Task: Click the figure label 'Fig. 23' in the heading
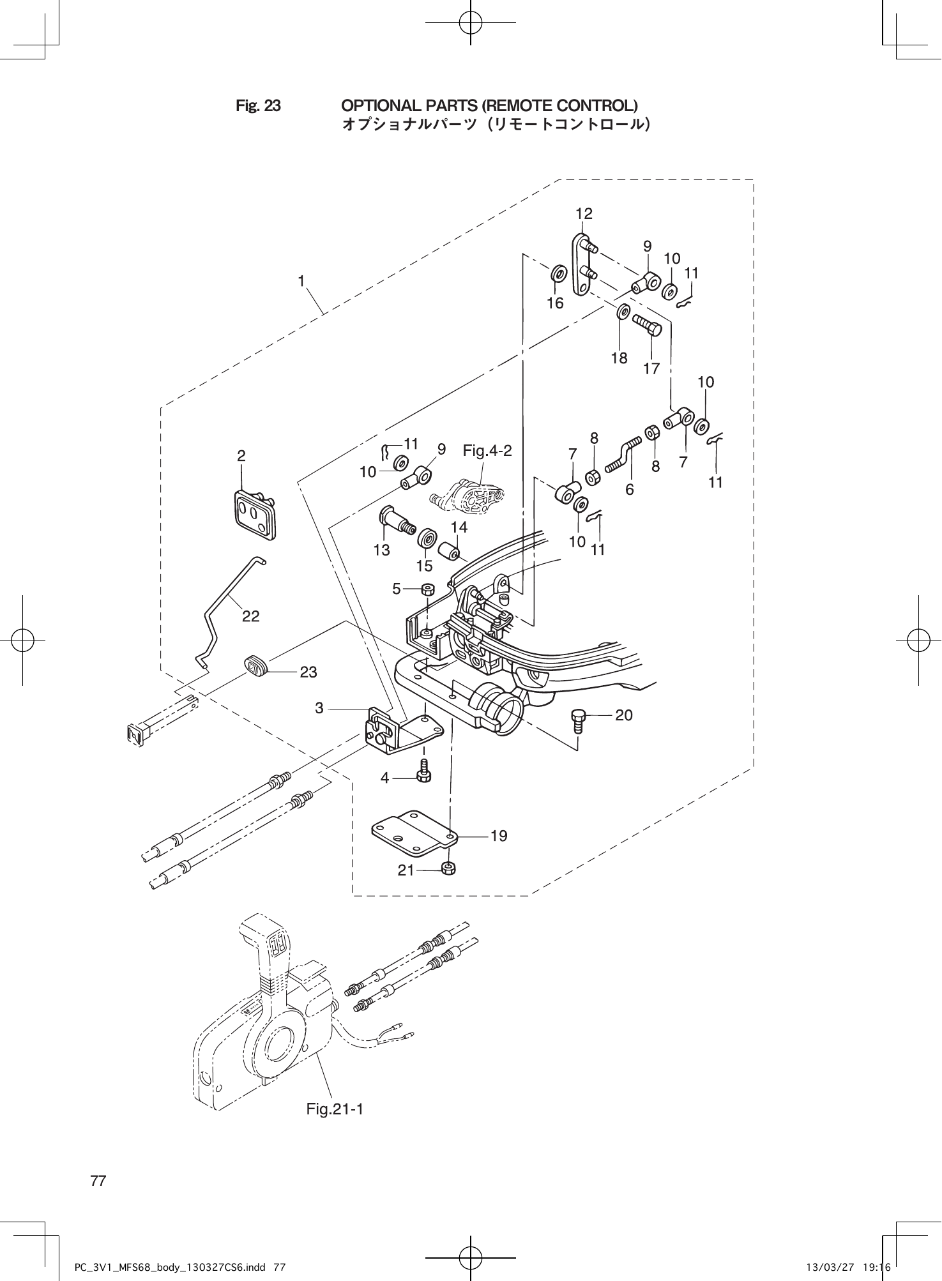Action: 258,105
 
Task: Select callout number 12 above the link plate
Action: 584,214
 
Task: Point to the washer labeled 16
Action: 558,275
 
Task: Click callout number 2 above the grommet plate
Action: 241,455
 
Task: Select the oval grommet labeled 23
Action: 257,667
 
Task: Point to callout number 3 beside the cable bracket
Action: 319,708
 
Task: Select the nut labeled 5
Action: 429,589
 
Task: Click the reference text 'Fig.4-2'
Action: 487,451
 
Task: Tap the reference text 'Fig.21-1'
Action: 335,1109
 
